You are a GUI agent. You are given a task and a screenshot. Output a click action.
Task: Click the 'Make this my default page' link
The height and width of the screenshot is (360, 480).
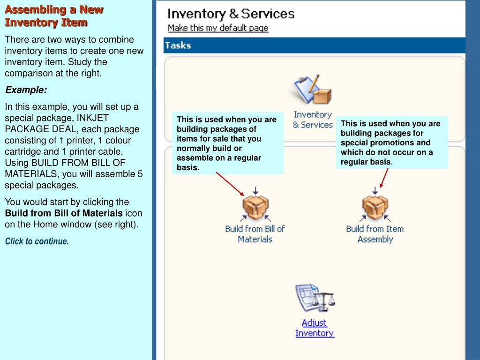[x=218, y=28]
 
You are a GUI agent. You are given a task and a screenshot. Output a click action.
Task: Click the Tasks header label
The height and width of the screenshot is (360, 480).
[x=178, y=45]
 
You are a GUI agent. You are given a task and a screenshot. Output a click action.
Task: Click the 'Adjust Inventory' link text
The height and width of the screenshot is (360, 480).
[x=315, y=328]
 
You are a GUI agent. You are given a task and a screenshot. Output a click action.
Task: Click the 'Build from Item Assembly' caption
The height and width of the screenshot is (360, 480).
[x=375, y=234]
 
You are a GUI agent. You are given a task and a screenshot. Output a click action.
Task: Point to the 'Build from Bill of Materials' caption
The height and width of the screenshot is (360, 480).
[x=255, y=234]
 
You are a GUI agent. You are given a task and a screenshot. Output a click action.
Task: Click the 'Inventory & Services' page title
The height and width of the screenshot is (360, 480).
[x=231, y=14]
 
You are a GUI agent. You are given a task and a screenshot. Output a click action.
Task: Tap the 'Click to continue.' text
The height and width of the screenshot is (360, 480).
[x=37, y=241]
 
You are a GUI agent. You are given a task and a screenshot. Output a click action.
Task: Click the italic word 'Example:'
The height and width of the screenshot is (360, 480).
[x=26, y=90]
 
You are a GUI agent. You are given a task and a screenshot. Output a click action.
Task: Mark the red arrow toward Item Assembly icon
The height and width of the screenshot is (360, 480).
[x=384, y=178]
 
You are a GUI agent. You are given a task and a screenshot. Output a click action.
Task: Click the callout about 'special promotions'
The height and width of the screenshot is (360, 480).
[x=391, y=142]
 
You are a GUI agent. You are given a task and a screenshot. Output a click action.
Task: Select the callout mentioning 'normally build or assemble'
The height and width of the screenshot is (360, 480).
[x=227, y=143]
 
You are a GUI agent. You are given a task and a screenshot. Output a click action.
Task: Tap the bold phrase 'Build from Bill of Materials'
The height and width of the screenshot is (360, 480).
[x=64, y=213]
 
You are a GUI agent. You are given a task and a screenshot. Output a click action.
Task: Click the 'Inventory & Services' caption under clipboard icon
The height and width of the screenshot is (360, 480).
[x=313, y=120]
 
